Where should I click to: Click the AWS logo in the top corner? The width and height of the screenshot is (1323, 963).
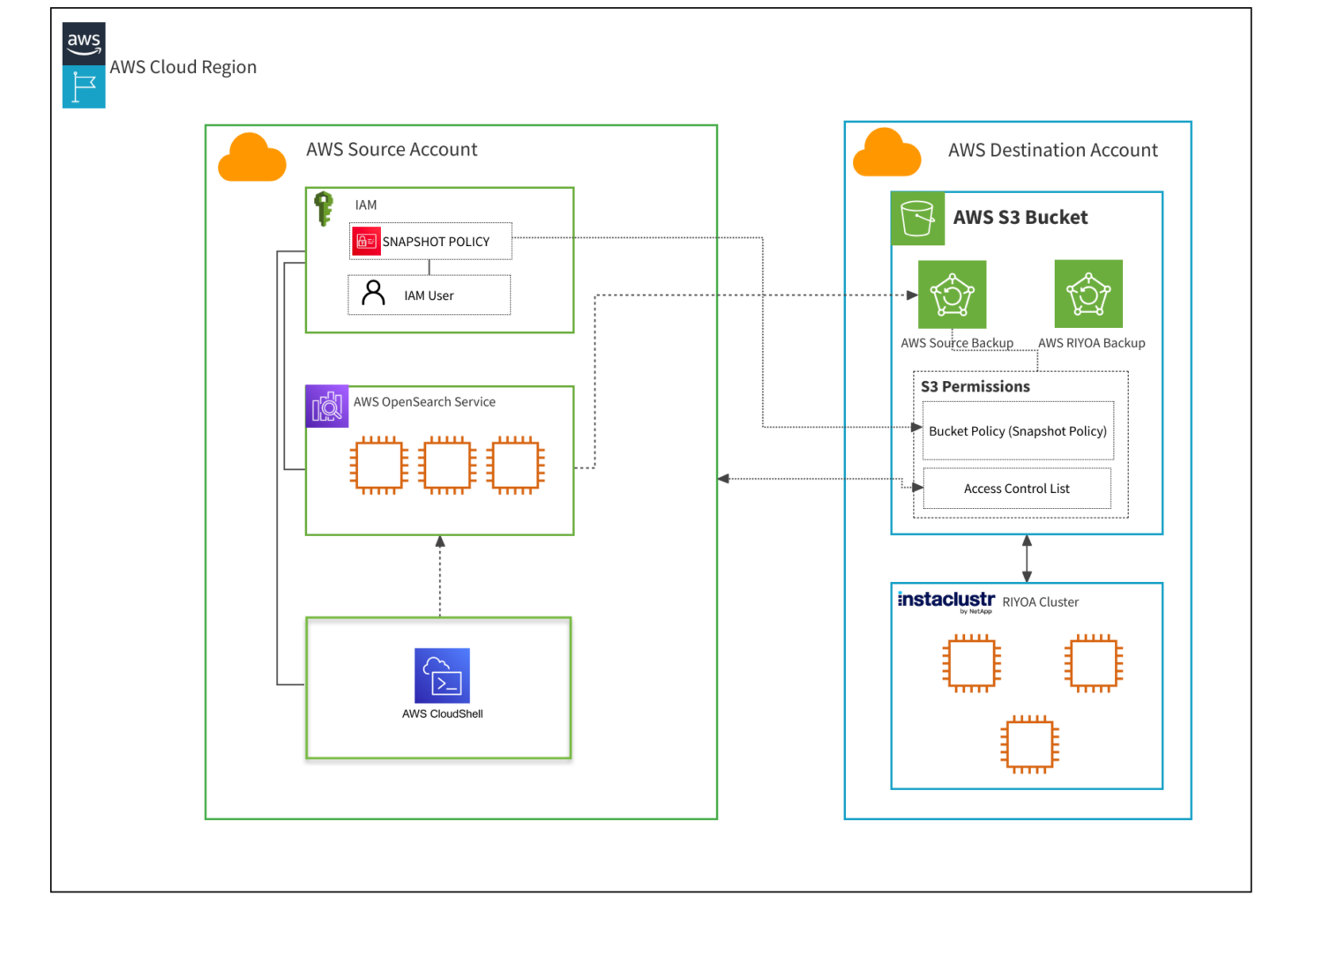point(84,43)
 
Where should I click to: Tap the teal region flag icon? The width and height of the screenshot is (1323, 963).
point(84,87)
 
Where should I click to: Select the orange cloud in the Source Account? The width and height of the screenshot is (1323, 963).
point(252,158)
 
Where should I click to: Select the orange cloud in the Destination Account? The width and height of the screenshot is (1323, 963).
point(886,153)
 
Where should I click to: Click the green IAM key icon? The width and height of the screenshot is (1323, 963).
point(324,209)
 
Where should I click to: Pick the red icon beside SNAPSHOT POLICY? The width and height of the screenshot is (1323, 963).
point(365,241)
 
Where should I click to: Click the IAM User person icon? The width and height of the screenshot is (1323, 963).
point(373,293)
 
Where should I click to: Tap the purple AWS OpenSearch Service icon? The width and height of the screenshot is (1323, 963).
point(327,407)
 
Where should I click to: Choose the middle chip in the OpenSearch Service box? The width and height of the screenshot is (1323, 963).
point(447,465)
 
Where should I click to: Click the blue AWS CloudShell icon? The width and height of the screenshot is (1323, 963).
point(442,676)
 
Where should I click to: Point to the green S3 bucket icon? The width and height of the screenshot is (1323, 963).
point(917,219)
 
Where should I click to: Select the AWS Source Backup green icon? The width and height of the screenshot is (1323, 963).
point(952,295)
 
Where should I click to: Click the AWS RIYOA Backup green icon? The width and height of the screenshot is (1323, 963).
point(1088,294)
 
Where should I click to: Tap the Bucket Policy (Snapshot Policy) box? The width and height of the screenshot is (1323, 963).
point(1018,430)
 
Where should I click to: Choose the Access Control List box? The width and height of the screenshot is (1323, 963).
point(1016,489)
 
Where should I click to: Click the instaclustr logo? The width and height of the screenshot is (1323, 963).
point(946,601)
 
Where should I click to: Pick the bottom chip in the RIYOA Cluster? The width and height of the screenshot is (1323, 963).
point(1029,743)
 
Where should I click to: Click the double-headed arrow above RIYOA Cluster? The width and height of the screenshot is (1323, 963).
point(1027,558)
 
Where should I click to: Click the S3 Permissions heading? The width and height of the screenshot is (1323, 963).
point(975,386)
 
